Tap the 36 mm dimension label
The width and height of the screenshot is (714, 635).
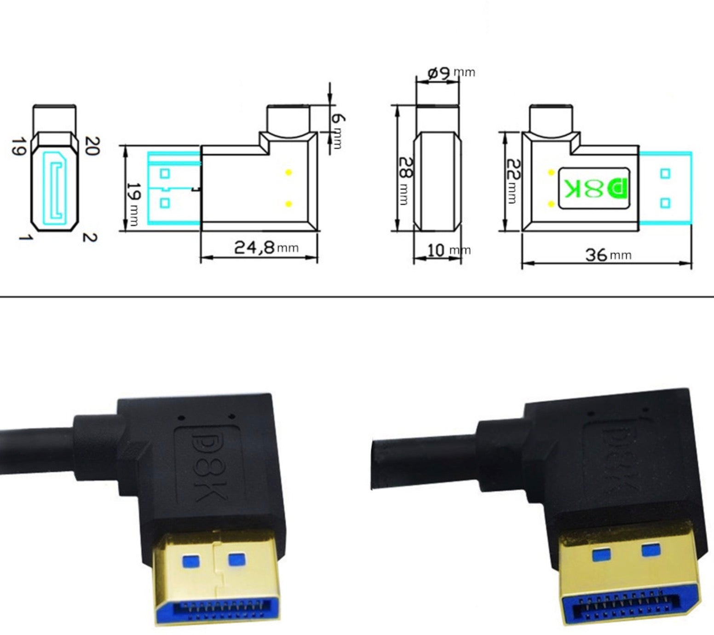pyautogui.click(x=607, y=254)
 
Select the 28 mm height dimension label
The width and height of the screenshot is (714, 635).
pyautogui.click(x=405, y=180)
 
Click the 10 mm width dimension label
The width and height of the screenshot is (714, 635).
pyautogui.click(x=448, y=250)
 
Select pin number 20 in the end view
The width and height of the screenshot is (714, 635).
pyautogui.click(x=92, y=146)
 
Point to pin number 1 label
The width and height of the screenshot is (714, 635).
pyautogui.click(x=25, y=237)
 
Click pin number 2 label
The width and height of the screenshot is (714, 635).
pyautogui.click(x=90, y=237)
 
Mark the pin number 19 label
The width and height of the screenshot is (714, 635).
pyautogui.click(x=17, y=146)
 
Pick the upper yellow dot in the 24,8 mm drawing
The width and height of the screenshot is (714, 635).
pyautogui.click(x=289, y=173)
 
